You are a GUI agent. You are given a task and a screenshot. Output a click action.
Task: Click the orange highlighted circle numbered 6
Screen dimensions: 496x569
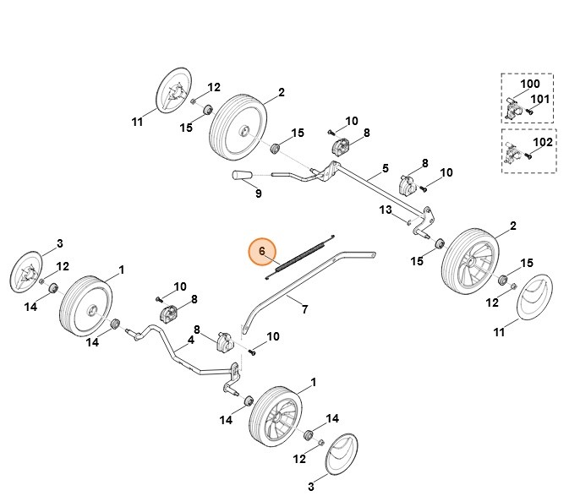coord(262,251)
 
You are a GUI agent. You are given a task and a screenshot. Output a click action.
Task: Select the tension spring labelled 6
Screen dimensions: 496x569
coord(301,254)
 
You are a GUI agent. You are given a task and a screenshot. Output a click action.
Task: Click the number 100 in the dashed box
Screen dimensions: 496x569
coord(529,84)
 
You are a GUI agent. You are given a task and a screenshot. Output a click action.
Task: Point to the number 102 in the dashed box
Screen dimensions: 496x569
coord(543,142)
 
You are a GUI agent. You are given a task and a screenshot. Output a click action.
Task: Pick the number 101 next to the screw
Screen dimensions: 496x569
coord(541,99)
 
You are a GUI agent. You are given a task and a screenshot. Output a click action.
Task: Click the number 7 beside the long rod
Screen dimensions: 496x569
coord(304,309)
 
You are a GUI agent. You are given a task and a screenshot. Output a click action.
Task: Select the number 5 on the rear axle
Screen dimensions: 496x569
coord(385,168)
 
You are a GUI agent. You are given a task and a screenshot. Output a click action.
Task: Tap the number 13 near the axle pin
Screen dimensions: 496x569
coord(385,210)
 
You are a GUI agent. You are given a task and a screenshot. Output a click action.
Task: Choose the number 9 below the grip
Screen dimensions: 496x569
coord(258,193)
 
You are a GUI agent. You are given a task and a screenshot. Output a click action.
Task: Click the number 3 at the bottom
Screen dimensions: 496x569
coord(311,486)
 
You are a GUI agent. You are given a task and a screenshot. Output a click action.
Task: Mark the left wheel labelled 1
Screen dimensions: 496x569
coord(85,305)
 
